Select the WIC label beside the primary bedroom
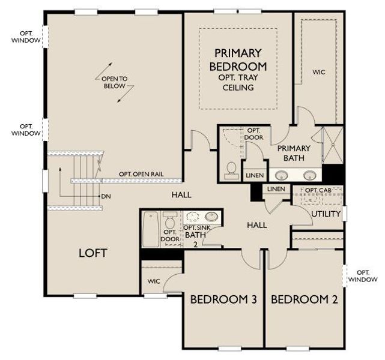319,72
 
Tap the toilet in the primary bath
230,170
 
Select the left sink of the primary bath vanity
280,175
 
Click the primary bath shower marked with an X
331,145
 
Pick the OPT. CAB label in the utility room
318,191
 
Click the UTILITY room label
326,214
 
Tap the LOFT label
93,253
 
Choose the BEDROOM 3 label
223,299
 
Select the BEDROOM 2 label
304,299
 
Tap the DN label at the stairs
106,196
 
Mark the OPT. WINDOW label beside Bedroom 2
363,275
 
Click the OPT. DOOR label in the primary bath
253,133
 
